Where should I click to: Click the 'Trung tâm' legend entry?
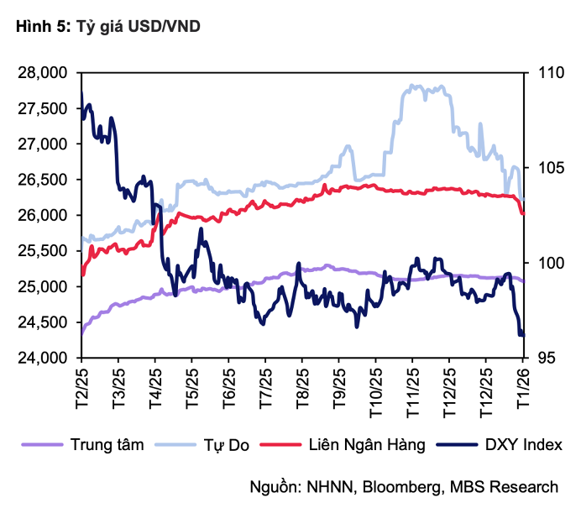tap(107, 443)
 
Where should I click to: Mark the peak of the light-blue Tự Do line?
tap(411, 85)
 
